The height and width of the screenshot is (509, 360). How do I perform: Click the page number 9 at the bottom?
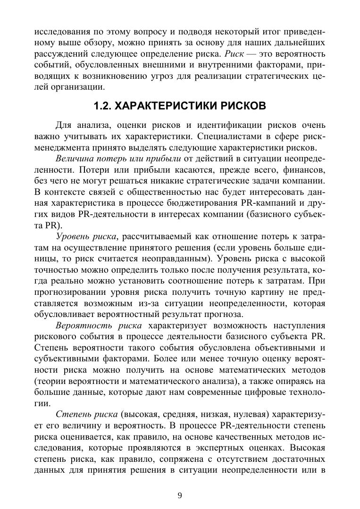180,495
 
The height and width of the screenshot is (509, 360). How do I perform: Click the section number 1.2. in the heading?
103,106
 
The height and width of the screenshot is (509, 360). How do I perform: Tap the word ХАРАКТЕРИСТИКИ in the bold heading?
168,106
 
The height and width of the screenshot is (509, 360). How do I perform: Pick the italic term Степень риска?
86,415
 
